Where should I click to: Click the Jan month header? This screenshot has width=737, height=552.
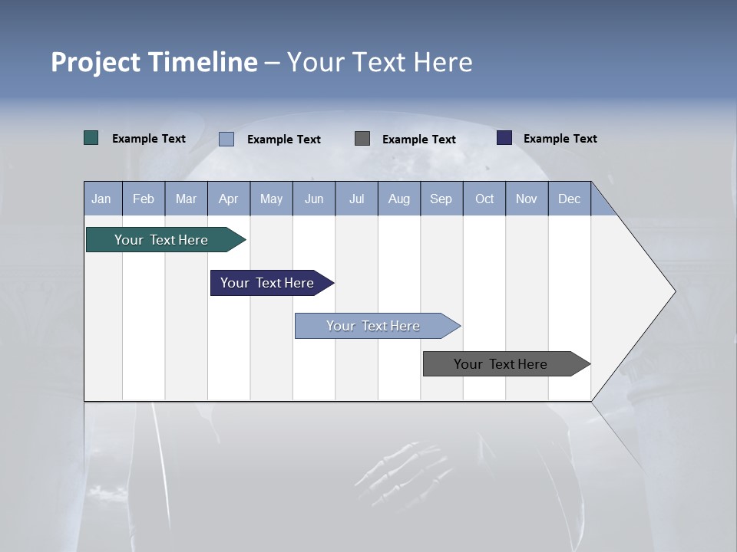(101, 199)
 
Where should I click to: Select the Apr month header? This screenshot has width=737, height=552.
(228, 199)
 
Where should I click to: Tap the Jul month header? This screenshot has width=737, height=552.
(356, 199)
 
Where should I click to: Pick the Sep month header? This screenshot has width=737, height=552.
(441, 199)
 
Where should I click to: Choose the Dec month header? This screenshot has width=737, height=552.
(569, 199)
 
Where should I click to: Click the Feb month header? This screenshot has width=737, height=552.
(144, 199)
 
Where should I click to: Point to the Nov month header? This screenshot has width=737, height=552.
(526, 199)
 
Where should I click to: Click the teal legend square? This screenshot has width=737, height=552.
(91, 138)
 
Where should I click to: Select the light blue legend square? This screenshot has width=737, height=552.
(226, 139)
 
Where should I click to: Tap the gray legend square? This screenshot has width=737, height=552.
(362, 138)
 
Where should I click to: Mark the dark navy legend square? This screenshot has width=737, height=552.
(504, 138)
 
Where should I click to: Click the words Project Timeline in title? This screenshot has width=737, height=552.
(154, 62)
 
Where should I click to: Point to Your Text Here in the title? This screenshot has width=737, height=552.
(379, 62)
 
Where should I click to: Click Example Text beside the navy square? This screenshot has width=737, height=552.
(560, 139)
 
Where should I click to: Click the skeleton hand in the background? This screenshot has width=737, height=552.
(403, 467)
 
